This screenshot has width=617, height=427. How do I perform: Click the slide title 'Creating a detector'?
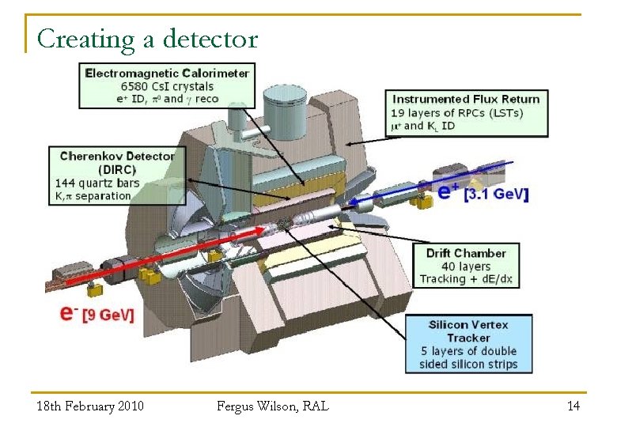click(147, 39)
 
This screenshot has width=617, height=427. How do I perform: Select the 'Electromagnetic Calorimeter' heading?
click(167, 73)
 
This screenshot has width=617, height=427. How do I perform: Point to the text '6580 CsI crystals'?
click(167, 86)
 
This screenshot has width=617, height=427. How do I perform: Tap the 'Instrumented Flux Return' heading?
click(466, 99)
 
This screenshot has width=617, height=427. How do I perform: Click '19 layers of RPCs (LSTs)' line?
click(457, 112)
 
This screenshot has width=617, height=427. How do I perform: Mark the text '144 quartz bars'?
click(97, 183)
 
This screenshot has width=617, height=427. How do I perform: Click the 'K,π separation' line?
click(93, 195)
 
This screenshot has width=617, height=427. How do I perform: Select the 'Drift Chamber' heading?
click(466, 253)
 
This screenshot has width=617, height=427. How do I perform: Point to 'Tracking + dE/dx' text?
click(466, 279)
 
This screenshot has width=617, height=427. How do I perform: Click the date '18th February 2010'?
click(90, 406)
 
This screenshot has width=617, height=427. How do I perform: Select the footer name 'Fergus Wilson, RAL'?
click(273, 406)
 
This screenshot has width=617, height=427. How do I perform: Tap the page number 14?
click(573, 406)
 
